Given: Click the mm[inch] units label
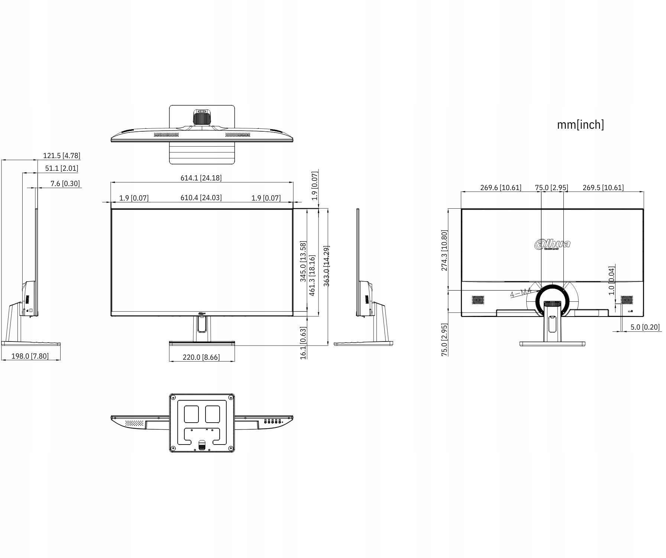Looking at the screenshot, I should pos(580,125).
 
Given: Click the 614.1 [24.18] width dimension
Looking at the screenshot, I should pos(201,178).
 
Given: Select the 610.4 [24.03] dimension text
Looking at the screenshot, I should pos(201,198).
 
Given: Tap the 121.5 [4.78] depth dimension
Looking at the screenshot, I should pos(62,155).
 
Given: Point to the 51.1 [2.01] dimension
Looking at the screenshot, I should pos(62,168).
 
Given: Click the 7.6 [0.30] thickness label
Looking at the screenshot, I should pos(65,183).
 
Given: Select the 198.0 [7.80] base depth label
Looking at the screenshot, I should pos(30,356).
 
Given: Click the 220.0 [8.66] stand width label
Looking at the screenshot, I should pos(201,357).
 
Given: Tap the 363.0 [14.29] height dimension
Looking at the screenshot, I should pos(326,266).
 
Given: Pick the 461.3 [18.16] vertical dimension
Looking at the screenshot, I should pos(312,275).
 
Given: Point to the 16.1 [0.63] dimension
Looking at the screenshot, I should pos(303,343).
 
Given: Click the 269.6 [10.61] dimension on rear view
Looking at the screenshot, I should pos(501,187).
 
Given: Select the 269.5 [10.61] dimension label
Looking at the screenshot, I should pos(603,187).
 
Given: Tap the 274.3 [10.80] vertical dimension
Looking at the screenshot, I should pos(444,250).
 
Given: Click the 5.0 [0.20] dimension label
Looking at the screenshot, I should pos(645,327).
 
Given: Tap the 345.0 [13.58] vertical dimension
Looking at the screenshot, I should pos(303,262).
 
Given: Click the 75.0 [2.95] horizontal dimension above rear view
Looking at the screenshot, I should pos(552,187).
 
